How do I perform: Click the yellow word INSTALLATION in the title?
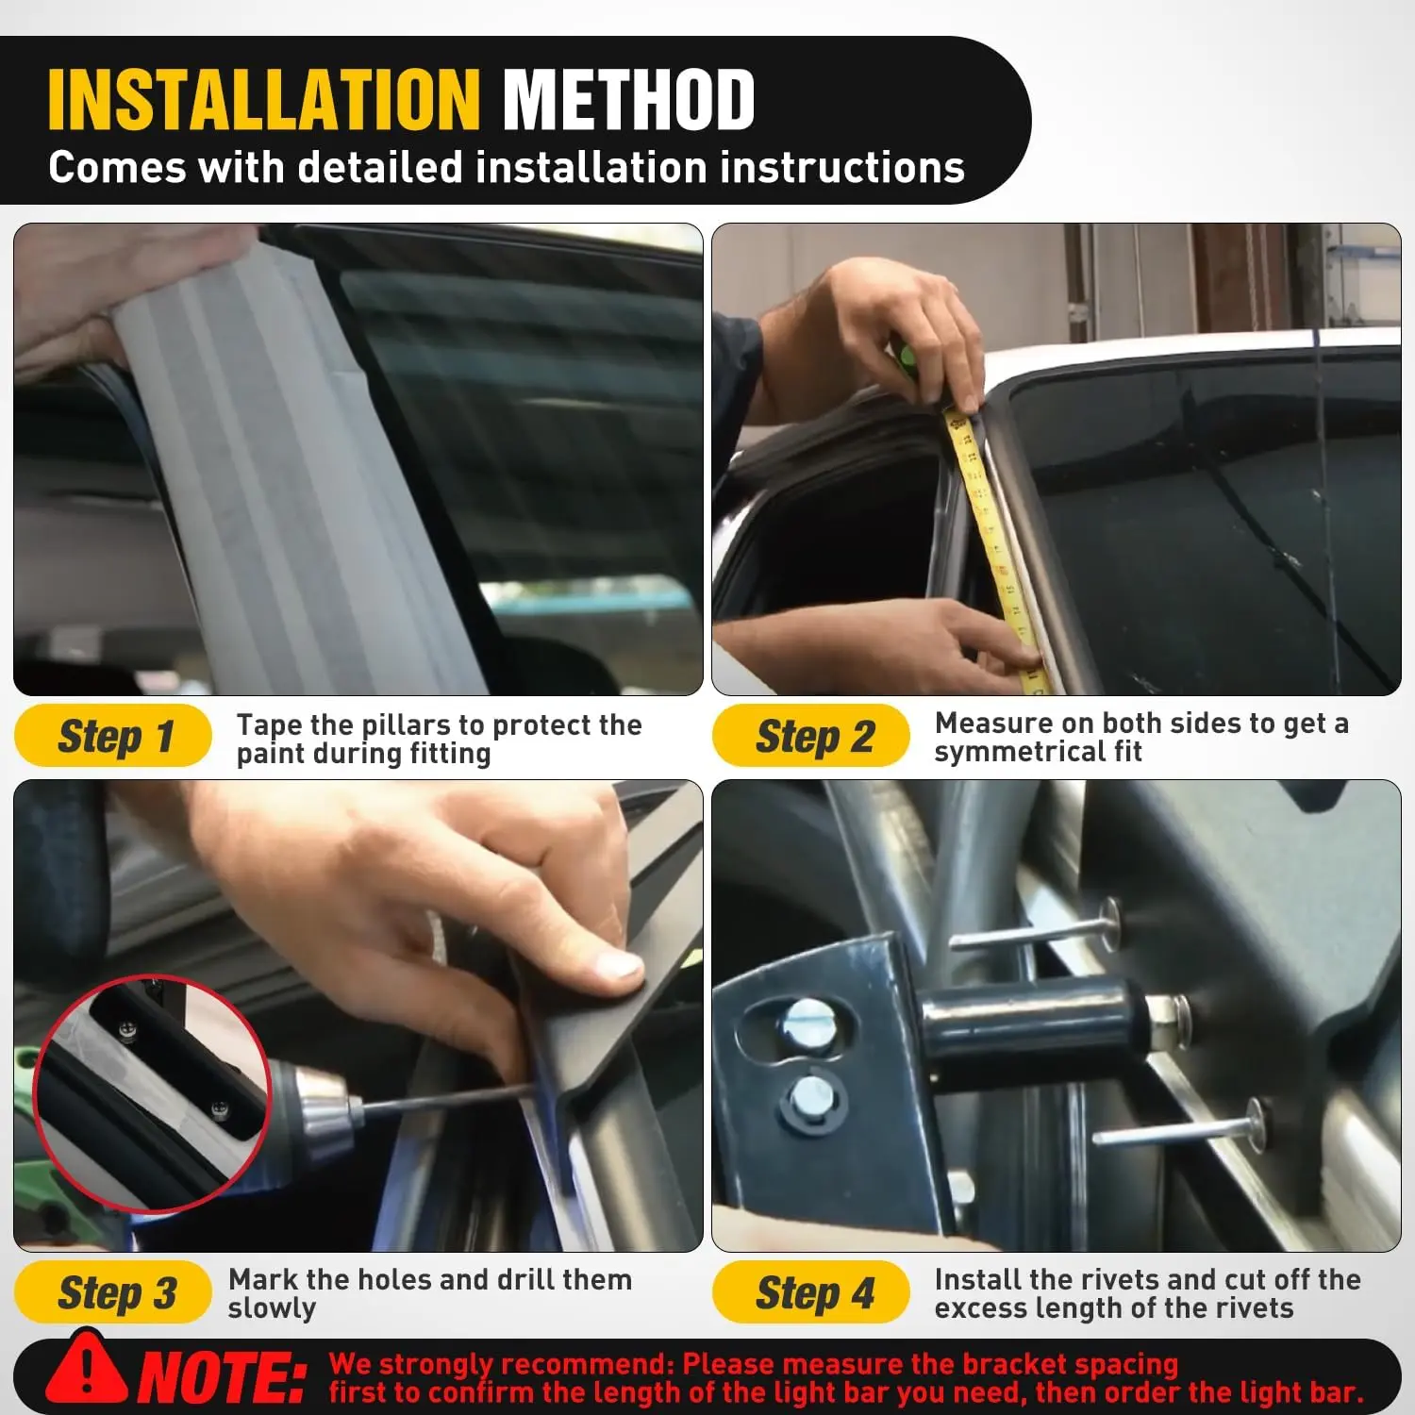pos(264,100)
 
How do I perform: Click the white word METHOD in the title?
pos(628,100)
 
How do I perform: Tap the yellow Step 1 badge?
pos(113,736)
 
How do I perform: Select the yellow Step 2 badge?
pos(811,736)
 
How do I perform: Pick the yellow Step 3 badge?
pos(113,1292)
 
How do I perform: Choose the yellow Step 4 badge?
pos(811,1292)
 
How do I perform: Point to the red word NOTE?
pos(224,1378)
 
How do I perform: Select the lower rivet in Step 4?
pos(1179,1126)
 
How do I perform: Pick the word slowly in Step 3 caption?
pos(272,1308)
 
